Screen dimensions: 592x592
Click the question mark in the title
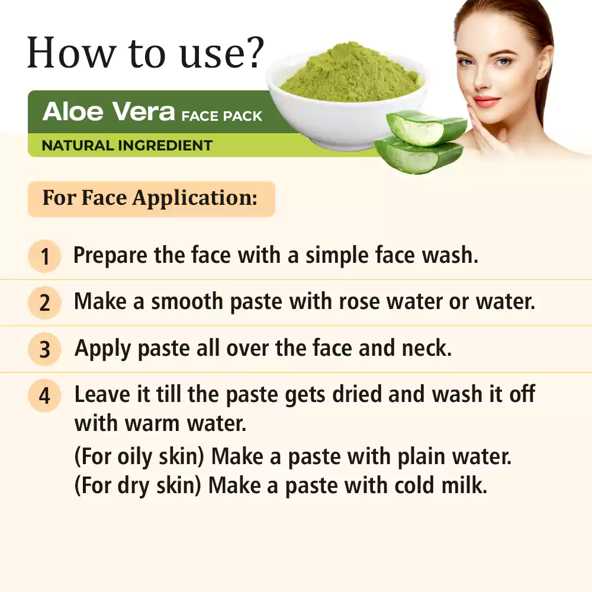pyautogui.click(x=252, y=52)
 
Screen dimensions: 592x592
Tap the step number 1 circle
pyautogui.click(x=44, y=256)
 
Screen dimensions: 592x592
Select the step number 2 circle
pyautogui.click(x=44, y=303)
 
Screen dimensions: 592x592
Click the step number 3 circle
pyautogui.click(x=44, y=349)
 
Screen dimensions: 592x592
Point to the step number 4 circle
pyautogui.click(x=44, y=395)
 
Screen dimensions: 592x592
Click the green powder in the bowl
pyautogui.click(x=350, y=73)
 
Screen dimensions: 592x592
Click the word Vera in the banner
pyautogui.click(x=143, y=111)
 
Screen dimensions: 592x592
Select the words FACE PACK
pyautogui.click(x=221, y=116)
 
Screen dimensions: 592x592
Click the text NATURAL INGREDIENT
pyautogui.click(x=127, y=146)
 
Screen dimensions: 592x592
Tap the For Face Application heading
pyautogui.click(x=150, y=198)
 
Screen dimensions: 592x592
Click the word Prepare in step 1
pyautogui.click(x=110, y=256)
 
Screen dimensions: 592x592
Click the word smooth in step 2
pyautogui.click(x=187, y=302)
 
